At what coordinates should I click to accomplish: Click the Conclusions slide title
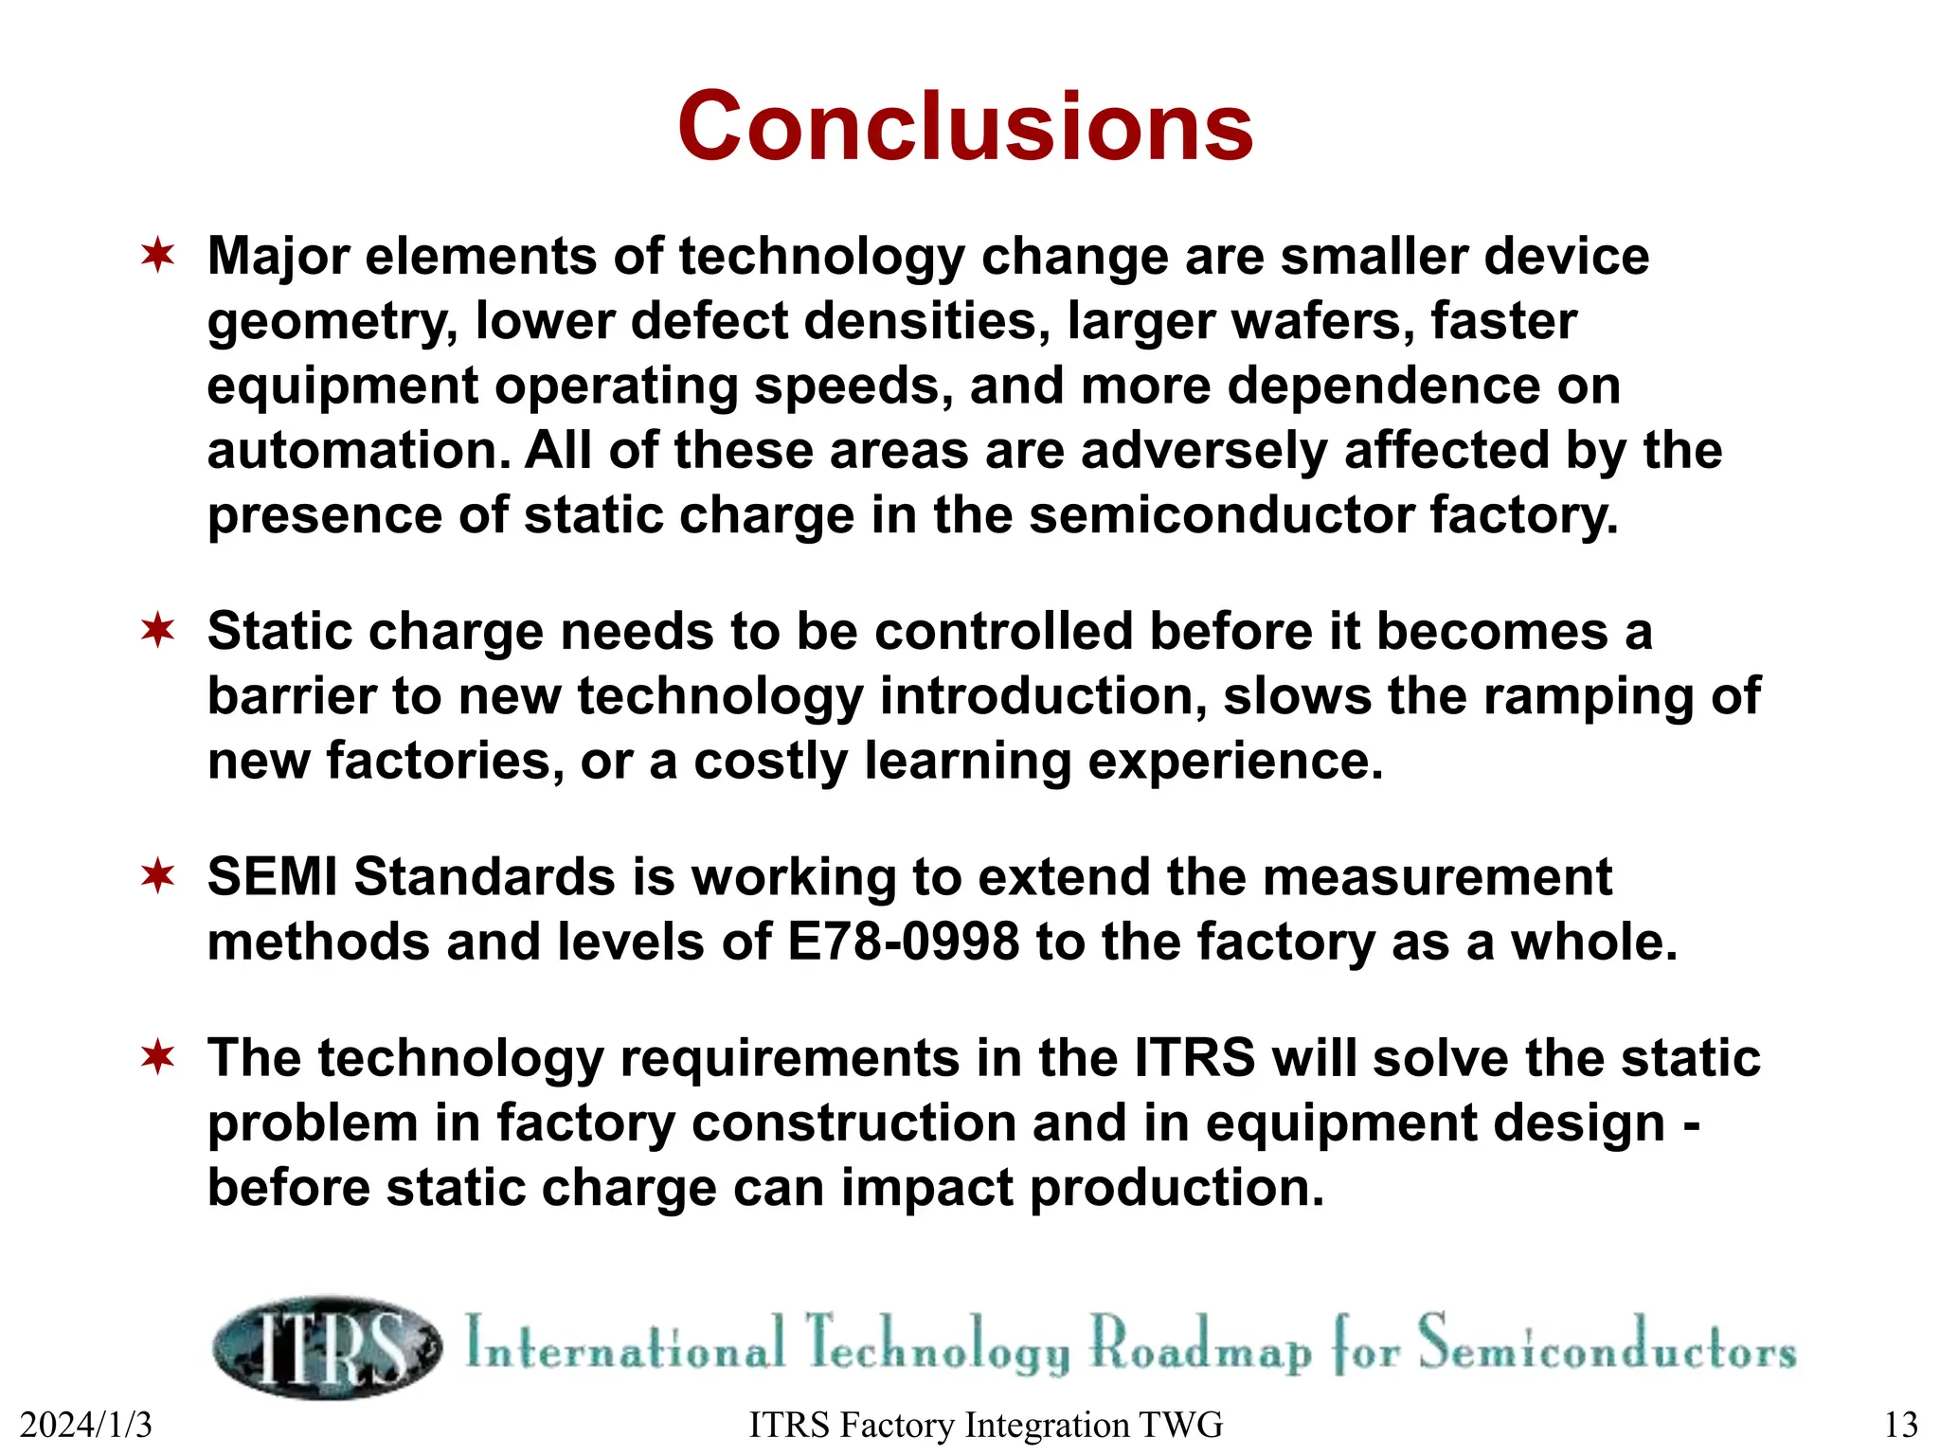[965, 127]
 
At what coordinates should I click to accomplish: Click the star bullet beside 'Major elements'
[158, 256]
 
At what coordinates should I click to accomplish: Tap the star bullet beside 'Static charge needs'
[158, 631]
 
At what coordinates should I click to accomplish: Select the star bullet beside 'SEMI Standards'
[158, 876]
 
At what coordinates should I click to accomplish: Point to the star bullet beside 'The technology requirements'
[158, 1057]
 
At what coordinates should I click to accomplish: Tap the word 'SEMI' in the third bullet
[272, 876]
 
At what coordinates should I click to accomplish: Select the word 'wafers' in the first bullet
[1326, 321]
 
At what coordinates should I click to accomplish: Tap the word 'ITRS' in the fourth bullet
[1195, 1058]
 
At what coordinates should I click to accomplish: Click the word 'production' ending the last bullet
[1176, 1188]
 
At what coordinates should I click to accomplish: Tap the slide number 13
[1900, 1425]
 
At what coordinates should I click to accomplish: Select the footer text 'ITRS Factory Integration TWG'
[985, 1425]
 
